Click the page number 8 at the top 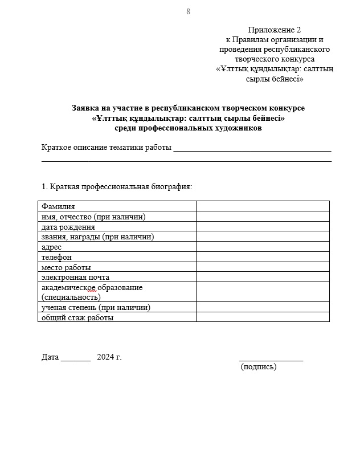pos(188,12)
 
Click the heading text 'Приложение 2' pos(274,30)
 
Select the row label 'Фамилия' pos(58,206)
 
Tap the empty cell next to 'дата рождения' pos(263,227)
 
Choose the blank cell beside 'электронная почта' pos(263,278)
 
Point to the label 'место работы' pos(66,268)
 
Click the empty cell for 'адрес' pos(263,247)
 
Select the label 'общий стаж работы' pos(77,317)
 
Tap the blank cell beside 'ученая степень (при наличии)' pos(263,307)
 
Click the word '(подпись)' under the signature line pos(259,367)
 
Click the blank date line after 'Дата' pos(76,359)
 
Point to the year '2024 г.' pos(109,357)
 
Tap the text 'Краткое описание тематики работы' pos(107,148)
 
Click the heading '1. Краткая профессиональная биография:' pos(117,186)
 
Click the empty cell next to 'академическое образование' pos(263,292)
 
